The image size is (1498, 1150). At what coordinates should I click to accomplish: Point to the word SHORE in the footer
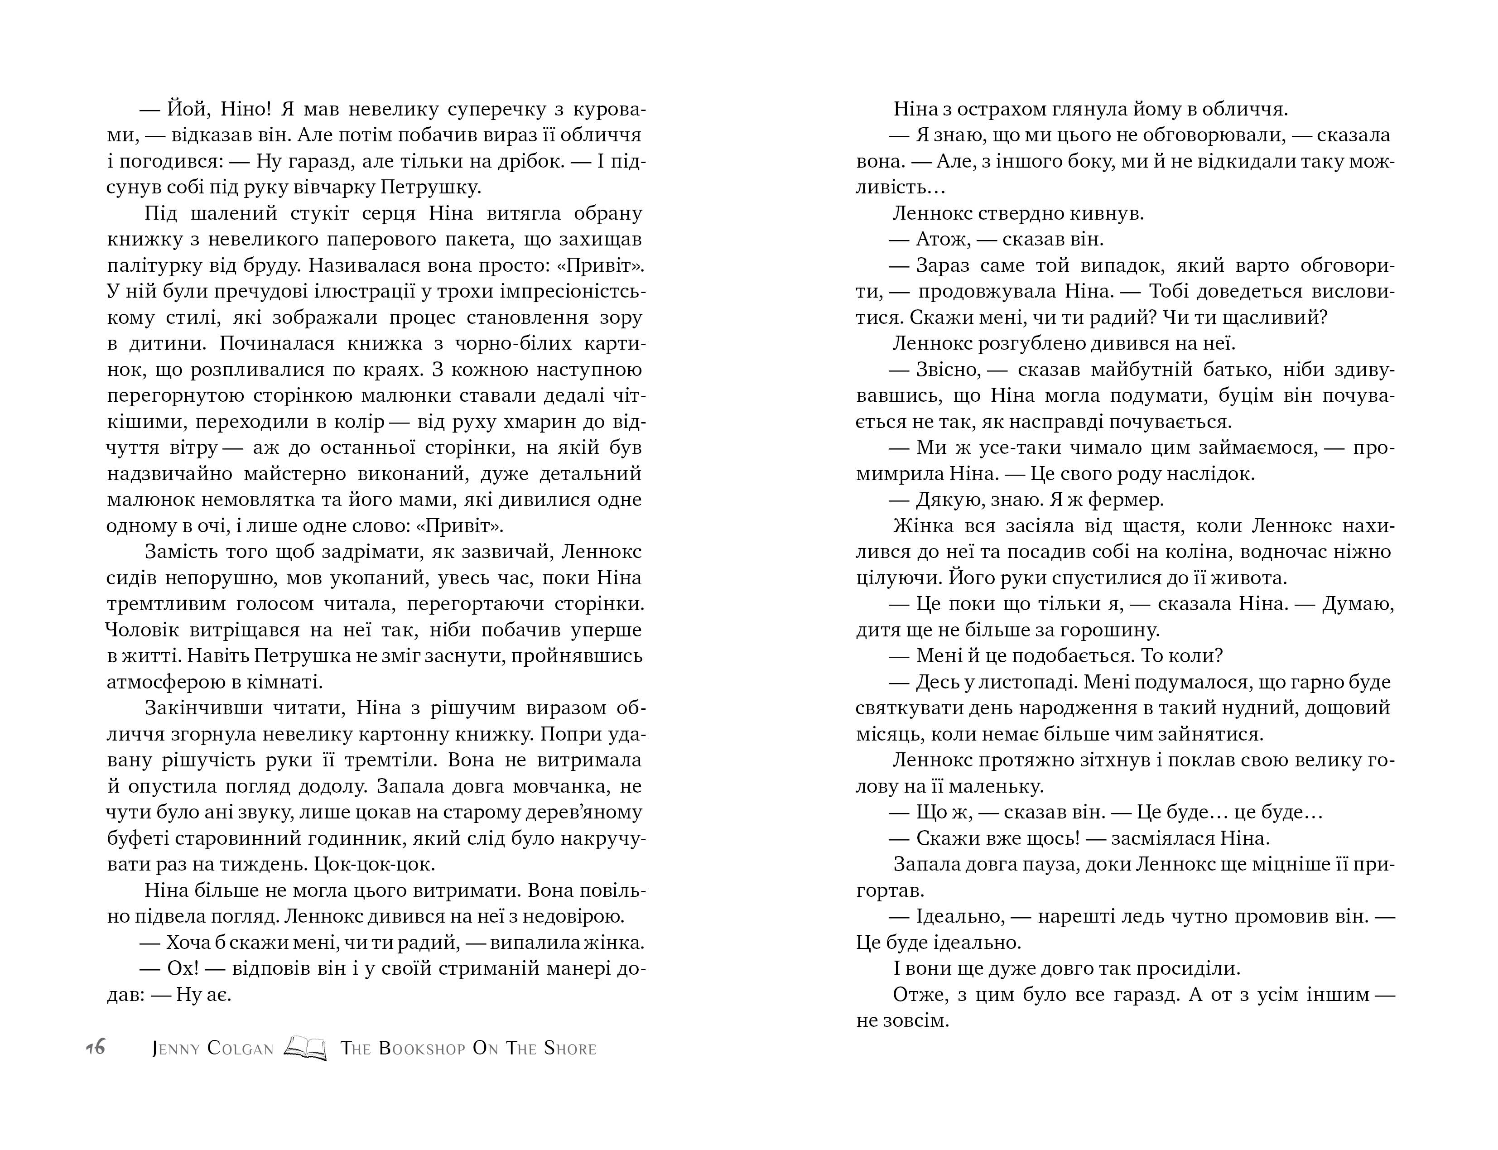point(570,1049)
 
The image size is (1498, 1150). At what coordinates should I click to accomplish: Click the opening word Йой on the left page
point(183,110)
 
